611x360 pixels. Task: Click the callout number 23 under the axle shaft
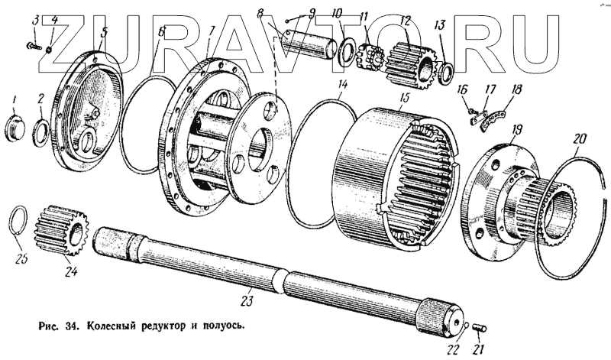pyautogui.click(x=247, y=300)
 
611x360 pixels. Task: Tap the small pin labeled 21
pyautogui.click(x=480, y=328)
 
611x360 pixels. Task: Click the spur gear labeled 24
pyautogui.click(x=62, y=231)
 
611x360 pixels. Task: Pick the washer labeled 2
pyautogui.click(x=41, y=133)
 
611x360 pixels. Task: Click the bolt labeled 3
pyautogui.click(x=34, y=47)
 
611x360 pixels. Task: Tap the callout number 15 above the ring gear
pyautogui.click(x=405, y=98)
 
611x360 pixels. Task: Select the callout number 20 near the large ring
pyautogui.click(x=579, y=139)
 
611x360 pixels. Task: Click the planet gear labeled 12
pyautogui.click(x=410, y=66)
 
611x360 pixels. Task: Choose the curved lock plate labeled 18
pyautogui.click(x=492, y=122)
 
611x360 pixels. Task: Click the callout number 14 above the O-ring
pyautogui.click(x=342, y=85)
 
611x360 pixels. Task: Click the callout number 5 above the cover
pyautogui.click(x=104, y=32)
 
